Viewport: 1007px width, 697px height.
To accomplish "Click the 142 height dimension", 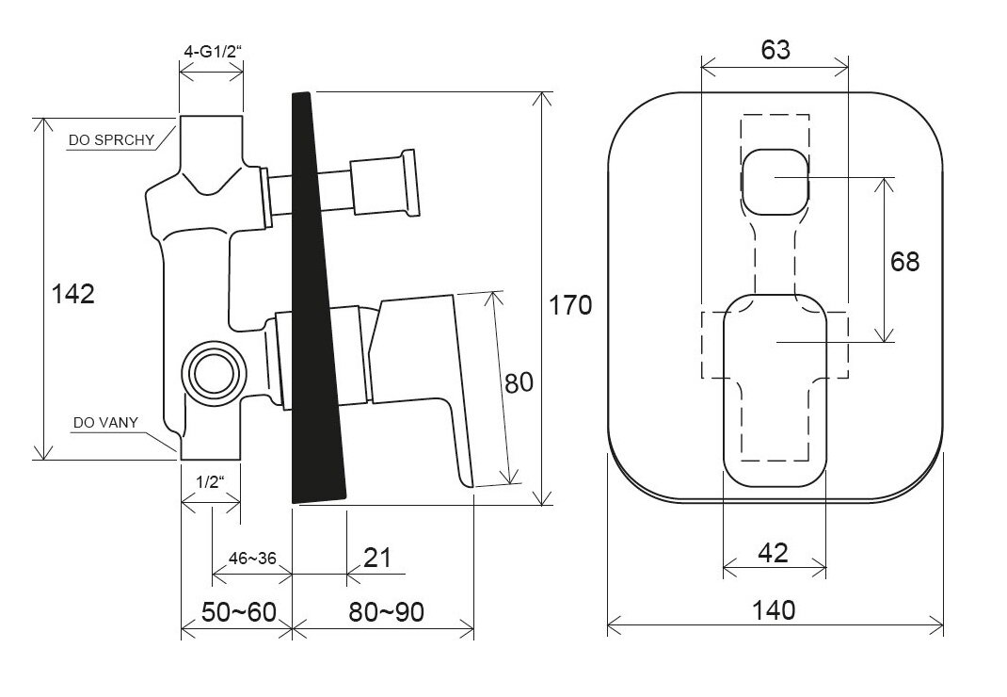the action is click(x=73, y=294).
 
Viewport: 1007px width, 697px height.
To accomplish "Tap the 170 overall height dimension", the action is click(x=570, y=305).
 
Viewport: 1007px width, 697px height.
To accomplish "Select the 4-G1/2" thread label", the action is click(x=213, y=52).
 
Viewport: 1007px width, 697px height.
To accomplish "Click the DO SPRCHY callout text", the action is click(x=111, y=140).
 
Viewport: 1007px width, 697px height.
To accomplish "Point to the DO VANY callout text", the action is click(x=105, y=423).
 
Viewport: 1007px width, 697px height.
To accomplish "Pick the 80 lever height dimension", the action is click(x=519, y=383).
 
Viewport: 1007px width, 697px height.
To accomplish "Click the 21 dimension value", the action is click(x=377, y=558).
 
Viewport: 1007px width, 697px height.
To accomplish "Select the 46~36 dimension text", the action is click(x=252, y=559).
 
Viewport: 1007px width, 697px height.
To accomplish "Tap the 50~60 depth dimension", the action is click(x=238, y=612).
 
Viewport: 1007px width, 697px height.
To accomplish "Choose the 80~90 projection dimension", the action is click(x=387, y=612).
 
